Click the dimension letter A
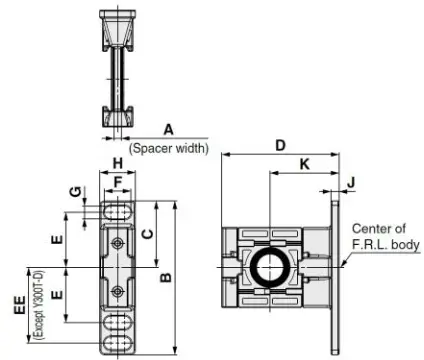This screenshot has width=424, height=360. (x=168, y=128)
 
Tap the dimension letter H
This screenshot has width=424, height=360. (x=117, y=163)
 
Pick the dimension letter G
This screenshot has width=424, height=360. (x=72, y=191)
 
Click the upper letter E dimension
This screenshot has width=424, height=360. (x=58, y=240)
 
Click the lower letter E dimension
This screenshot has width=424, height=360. (x=58, y=295)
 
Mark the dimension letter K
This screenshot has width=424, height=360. (x=304, y=162)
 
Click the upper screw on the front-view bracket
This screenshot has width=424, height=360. (x=118, y=244)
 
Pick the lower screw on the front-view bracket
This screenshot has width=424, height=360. (x=118, y=291)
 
